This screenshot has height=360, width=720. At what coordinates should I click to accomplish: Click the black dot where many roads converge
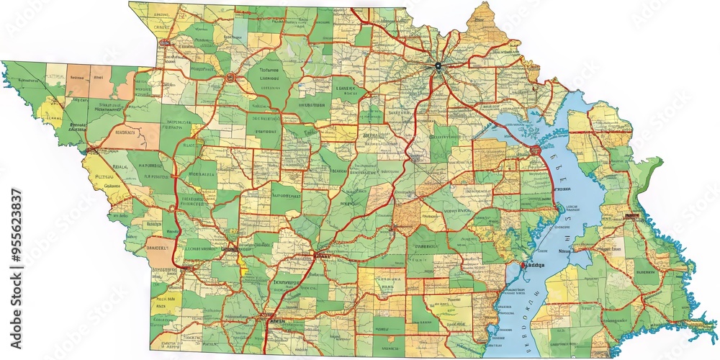(x=437, y=66)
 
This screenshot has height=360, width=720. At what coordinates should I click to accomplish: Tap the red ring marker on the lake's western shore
(x=535, y=150)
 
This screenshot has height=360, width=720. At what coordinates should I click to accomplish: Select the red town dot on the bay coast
(x=523, y=266)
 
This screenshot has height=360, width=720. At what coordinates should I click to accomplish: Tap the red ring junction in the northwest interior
(x=230, y=76)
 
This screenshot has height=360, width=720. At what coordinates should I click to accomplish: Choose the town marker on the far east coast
(x=633, y=215)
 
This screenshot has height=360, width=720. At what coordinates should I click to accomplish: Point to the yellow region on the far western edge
(x=50, y=112)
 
